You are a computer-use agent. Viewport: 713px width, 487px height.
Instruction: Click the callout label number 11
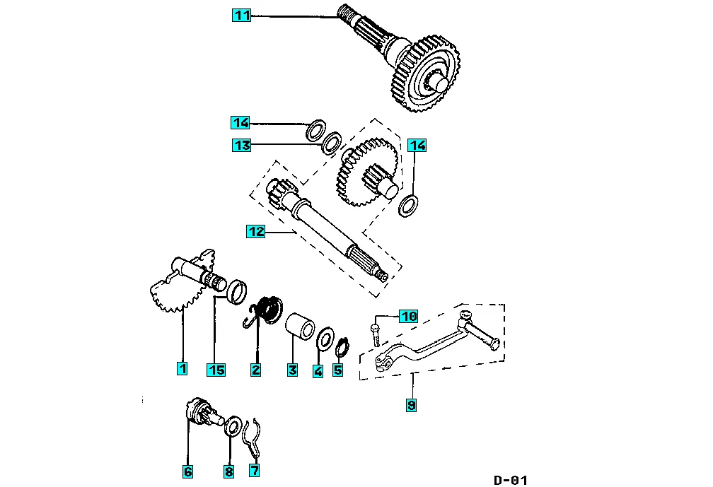[241, 16]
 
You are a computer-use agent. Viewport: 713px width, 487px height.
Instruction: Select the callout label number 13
[241, 146]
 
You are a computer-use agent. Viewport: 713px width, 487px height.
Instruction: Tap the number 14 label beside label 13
[240, 123]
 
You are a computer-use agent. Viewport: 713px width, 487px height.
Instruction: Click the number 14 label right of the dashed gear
[417, 146]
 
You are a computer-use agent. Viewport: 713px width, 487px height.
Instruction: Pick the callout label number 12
[255, 231]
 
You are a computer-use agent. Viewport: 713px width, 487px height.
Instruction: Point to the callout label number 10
[408, 316]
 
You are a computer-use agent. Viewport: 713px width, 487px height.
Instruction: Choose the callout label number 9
[411, 405]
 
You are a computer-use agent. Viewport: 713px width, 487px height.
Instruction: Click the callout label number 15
[216, 370]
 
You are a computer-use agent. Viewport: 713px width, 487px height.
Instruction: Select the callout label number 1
[182, 368]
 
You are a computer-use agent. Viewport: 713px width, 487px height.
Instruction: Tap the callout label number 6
[188, 471]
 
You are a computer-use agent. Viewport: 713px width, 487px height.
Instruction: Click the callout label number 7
[255, 470]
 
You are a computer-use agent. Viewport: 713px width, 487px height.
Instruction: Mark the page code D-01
[511, 480]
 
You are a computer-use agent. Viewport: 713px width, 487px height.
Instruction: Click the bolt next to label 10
[375, 334]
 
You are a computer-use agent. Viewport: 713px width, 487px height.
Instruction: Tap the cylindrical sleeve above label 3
[300, 326]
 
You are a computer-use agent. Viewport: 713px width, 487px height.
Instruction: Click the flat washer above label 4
[324, 339]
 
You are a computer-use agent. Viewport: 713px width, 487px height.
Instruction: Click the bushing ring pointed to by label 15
[236, 292]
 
